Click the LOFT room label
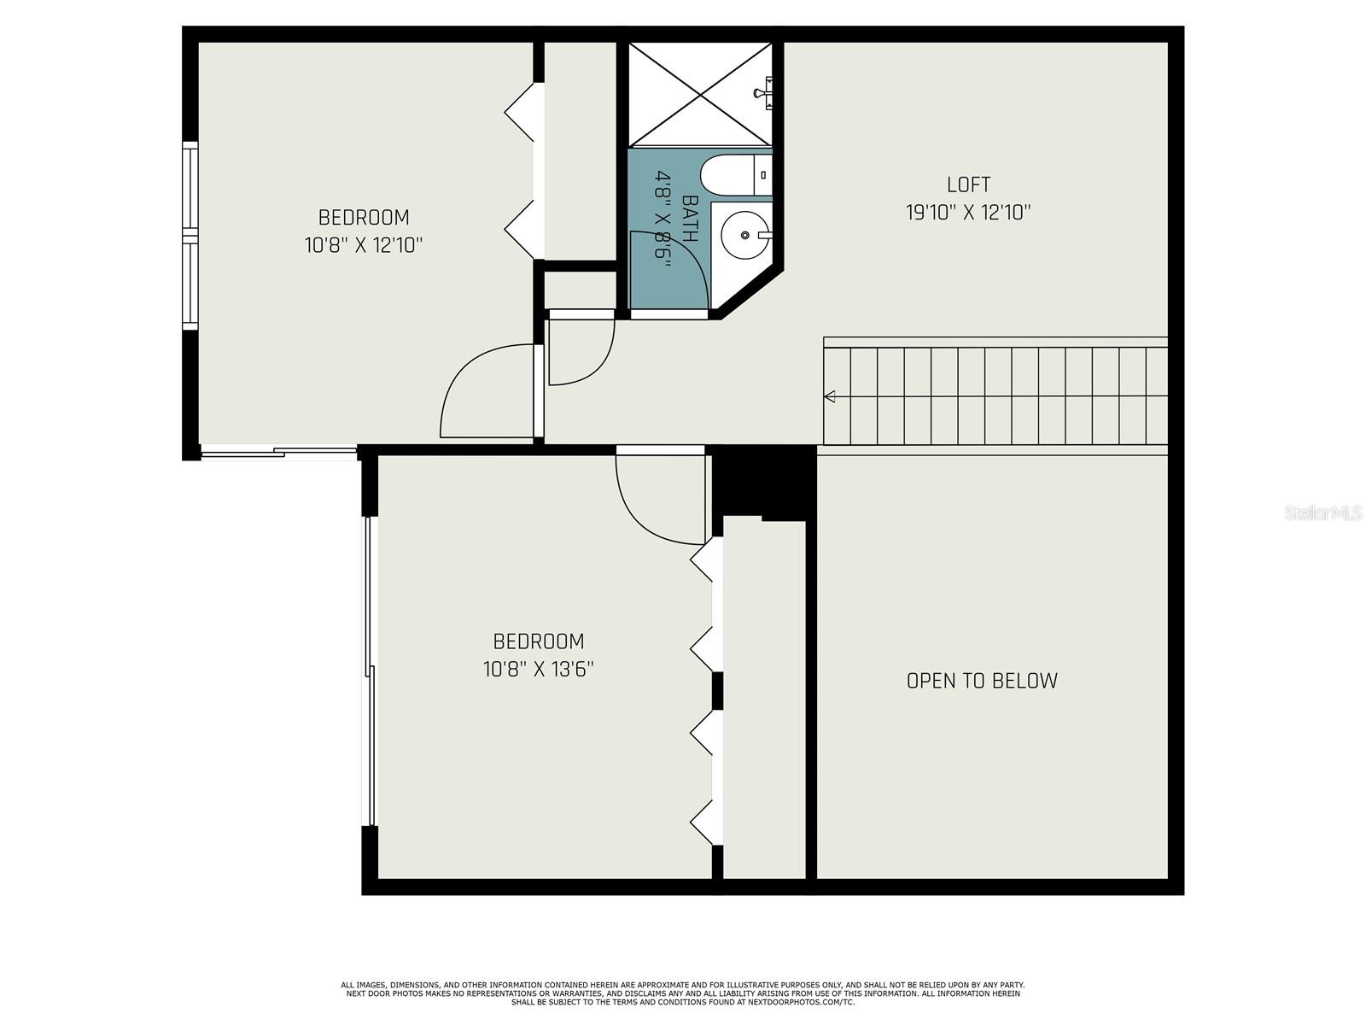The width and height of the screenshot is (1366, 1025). point(968,184)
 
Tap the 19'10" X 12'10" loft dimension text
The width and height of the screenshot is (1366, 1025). point(968,213)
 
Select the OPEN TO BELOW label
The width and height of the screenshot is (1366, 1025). point(982,681)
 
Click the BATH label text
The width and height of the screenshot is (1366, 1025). point(690,219)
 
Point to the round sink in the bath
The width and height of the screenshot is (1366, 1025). point(744,234)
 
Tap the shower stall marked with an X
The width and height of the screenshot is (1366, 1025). point(699,94)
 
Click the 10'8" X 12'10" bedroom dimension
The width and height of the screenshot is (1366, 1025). point(364,245)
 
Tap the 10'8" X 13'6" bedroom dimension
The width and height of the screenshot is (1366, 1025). point(539,669)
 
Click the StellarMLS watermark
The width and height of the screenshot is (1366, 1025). point(1323,512)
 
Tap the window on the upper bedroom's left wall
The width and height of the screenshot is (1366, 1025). point(190,235)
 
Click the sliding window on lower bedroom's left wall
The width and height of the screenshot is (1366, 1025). point(370,671)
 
